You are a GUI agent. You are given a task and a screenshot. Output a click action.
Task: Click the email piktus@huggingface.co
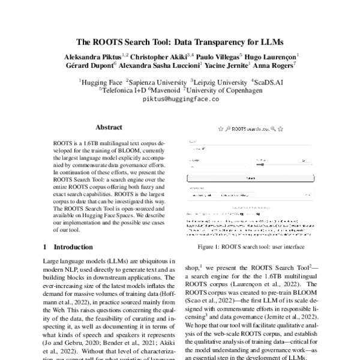click(180, 99)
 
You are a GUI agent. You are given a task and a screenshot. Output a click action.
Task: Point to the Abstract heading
click(109, 127)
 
